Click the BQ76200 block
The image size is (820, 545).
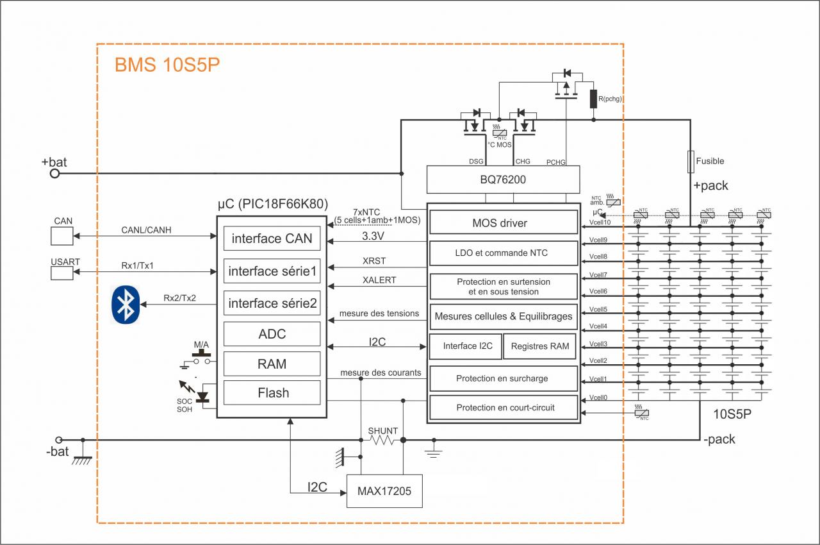pyautogui.click(x=503, y=180)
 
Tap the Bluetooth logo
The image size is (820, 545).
pyautogui.click(x=126, y=305)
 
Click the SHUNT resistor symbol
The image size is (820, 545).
pyautogui.click(x=383, y=440)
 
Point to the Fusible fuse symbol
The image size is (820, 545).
pyautogui.click(x=691, y=162)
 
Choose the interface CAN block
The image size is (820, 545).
pyautogui.click(x=272, y=239)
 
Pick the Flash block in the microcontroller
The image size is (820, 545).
pyautogui.click(x=272, y=393)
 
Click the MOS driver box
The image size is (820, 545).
pyautogui.click(x=503, y=223)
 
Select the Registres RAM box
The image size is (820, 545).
pyautogui.click(x=539, y=346)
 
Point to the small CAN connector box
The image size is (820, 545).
pyautogui.click(x=63, y=236)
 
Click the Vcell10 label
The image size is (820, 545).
pyautogui.click(x=599, y=222)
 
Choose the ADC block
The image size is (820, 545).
pyautogui.click(x=272, y=334)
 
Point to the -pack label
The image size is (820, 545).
pyautogui.click(x=719, y=440)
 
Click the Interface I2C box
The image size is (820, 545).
pyautogui.click(x=467, y=346)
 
